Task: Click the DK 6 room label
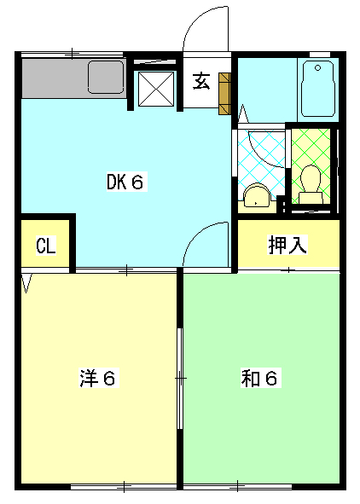pos(128,181)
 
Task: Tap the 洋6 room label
pos(97,378)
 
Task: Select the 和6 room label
pos(258,378)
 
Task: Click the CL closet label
pos(45,246)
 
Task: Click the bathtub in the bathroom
pos(319,90)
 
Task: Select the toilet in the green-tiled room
pos(311,182)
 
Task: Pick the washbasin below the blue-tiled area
pos(255,198)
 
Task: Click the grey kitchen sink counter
pos(73,79)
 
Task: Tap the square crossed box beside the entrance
pos(156,87)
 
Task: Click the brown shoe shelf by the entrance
pos(224,93)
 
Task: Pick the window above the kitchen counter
pos(73,55)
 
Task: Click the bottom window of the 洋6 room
pos(124,487)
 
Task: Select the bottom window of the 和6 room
pos(239,487)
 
